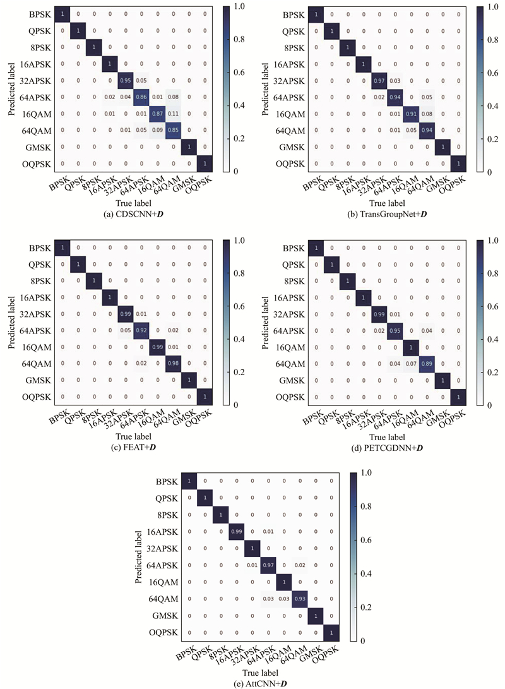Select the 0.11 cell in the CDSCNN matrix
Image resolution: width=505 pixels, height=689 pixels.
click(x=171, y=113)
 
